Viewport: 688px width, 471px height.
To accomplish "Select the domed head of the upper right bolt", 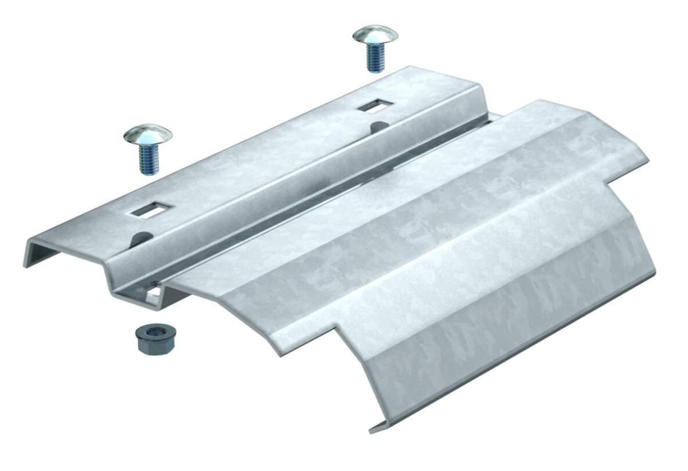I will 375,35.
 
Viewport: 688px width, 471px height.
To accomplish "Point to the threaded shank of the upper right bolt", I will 374,59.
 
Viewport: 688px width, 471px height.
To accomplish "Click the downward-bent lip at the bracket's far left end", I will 28,253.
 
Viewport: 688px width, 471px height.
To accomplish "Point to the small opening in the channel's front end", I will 154,294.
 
